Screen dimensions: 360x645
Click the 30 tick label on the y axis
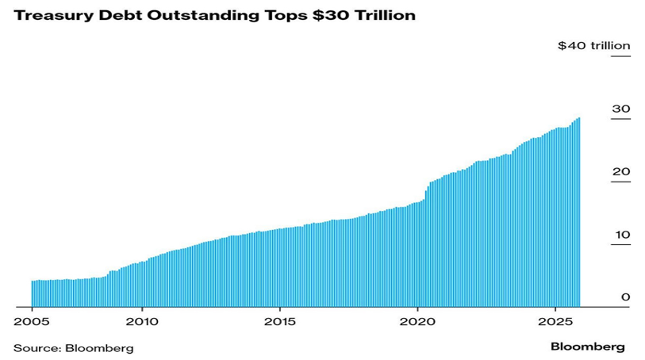pos(621,109)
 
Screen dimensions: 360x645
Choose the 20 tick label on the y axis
pos(621,172)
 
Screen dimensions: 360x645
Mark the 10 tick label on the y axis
pos(621,235)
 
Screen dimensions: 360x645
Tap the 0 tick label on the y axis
pos(625,297)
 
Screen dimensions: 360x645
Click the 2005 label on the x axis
pos(31,323)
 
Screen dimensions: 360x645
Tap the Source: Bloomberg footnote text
pos(73,347)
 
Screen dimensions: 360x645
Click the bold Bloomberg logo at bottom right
pos(588,347)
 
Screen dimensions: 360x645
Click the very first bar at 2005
pos(33,293)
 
